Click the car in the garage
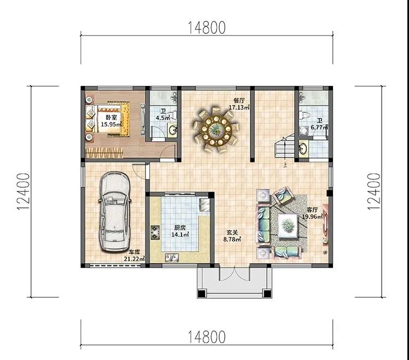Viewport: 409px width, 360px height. point(114,211)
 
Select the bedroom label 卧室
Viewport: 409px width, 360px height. point(112,117)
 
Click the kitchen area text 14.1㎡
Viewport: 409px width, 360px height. point(180,234)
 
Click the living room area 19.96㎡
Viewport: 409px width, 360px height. point(312,217)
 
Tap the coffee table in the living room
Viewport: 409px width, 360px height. point(288,226)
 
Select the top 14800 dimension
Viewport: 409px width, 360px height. point(207,28)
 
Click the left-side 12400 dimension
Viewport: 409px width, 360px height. point(23,191)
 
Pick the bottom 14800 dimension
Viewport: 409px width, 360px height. point(207,337)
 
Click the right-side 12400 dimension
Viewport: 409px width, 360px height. point(374,191)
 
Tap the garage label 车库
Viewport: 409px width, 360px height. point(135,252)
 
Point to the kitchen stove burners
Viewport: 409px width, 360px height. point(155,233)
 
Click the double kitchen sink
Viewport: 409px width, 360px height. point(172,258)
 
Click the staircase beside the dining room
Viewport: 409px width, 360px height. point(284,148)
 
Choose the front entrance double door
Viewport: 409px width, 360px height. point(235,273)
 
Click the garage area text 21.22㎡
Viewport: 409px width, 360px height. point(135,259)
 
